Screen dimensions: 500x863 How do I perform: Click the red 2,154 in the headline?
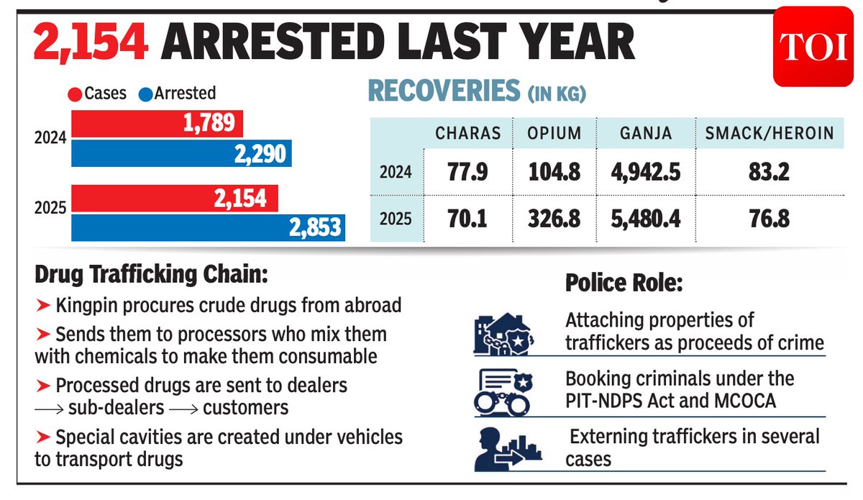[91, 44]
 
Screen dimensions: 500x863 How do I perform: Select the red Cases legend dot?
[75, 94]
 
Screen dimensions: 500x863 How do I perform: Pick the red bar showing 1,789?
[156, 124]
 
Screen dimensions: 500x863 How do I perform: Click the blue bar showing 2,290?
[181, 153]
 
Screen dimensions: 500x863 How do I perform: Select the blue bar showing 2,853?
[208, 228]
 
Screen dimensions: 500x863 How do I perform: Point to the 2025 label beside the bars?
[50, 208]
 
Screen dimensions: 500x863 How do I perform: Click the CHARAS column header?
[467, 133]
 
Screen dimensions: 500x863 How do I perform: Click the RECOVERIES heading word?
[443, 91]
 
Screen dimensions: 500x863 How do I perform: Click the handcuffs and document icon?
[503, 391]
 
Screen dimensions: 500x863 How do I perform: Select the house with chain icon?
[503, 333]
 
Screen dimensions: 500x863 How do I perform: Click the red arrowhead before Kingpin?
[42, 305]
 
